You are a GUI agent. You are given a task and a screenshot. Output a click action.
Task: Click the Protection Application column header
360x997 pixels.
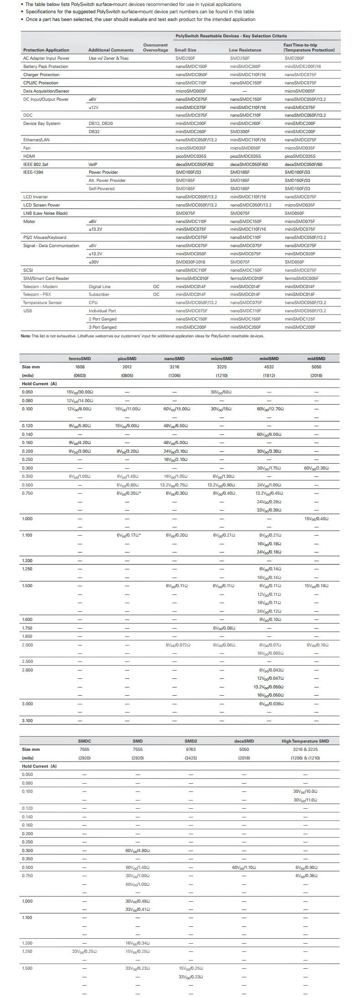[x=46, y=50]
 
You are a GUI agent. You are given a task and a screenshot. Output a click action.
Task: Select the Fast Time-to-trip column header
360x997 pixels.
[x=309, y=47]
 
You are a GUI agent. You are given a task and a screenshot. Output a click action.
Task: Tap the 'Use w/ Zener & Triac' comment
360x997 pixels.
[x=108, y=58]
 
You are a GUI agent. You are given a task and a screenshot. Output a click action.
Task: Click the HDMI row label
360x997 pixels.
[x=29, y=156]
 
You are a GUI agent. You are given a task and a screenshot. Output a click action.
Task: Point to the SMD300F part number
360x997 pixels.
[x=240, y=132]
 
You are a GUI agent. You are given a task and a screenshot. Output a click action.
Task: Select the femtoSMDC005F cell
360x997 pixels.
[x=301, y=278]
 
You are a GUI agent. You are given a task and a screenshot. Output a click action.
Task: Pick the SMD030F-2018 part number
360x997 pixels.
[x=190, y=262]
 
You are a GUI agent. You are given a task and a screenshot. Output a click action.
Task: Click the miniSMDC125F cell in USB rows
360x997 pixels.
[x=300, y=319]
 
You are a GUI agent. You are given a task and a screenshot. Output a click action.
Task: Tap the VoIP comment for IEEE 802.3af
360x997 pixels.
[x=93, y=164]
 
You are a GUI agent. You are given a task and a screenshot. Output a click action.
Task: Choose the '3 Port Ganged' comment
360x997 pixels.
[x=103, y=327]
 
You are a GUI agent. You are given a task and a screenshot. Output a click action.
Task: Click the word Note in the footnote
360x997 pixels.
[x=26, y=336]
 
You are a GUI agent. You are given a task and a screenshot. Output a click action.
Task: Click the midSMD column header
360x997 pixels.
[x=316, y=359]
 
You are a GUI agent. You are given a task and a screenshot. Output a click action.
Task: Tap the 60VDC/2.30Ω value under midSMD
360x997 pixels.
[x=316, y=468]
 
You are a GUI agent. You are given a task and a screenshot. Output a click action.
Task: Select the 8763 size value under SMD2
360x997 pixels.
[x=190, y=749]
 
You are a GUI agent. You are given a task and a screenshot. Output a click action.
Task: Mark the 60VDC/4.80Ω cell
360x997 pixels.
[x=138, y=851]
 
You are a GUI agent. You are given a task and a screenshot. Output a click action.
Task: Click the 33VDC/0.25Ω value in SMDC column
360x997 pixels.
[x=84, y=951]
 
